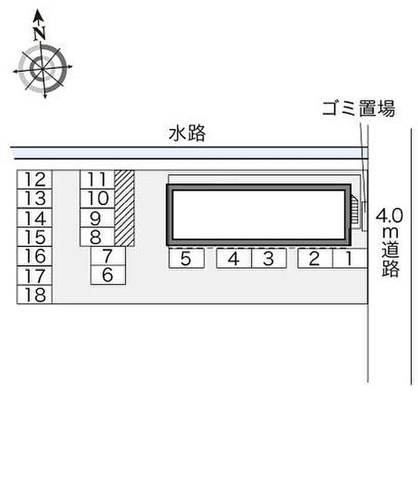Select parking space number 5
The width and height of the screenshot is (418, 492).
coord(186,259)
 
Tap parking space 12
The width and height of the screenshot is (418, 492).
coord(35,179)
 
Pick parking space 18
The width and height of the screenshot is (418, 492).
coord(35,295)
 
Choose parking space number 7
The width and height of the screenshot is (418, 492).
coord(107,256)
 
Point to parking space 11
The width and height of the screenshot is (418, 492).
coord(97,179)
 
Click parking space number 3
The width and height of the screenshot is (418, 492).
coord(269,259)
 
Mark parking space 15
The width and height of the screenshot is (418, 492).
coord(35,237)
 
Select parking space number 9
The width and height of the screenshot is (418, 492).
coord(97,218)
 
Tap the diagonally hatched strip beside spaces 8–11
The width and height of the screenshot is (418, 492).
coord(124,208)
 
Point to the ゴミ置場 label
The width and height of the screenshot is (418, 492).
coord(358,109)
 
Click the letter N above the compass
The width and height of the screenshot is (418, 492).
coord(40,34)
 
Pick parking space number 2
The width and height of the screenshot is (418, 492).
coord(314,259)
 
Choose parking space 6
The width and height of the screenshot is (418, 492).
coord(107,275)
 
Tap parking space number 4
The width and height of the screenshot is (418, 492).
coord(233,259)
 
